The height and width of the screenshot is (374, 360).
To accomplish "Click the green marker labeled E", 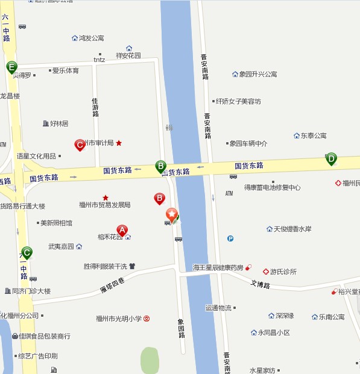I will [11, 67].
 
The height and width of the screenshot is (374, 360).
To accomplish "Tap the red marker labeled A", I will [122, 230].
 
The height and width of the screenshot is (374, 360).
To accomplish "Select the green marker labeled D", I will [331, 159].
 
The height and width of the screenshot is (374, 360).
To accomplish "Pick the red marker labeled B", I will [160, 198].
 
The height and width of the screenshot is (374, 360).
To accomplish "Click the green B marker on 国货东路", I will [161, 166].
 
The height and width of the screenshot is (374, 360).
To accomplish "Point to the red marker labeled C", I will [79, 145].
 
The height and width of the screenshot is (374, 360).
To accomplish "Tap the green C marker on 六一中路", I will [27, 252].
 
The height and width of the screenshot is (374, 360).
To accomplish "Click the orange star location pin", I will [172, 214].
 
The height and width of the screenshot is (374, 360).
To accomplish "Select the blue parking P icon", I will [230, 238].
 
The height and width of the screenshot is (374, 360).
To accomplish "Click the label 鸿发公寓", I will [91, 38].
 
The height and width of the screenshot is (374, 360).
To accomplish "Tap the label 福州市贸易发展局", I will [105, 205].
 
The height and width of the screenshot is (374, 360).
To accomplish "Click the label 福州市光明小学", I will [119, 319].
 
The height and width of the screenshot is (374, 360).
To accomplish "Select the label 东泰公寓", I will [314, 136].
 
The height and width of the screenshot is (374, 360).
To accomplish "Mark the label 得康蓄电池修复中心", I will [272, 187].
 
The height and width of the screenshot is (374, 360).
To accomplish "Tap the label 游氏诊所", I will [283, 272].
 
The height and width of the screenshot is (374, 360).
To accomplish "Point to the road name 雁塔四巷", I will [112, 286].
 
